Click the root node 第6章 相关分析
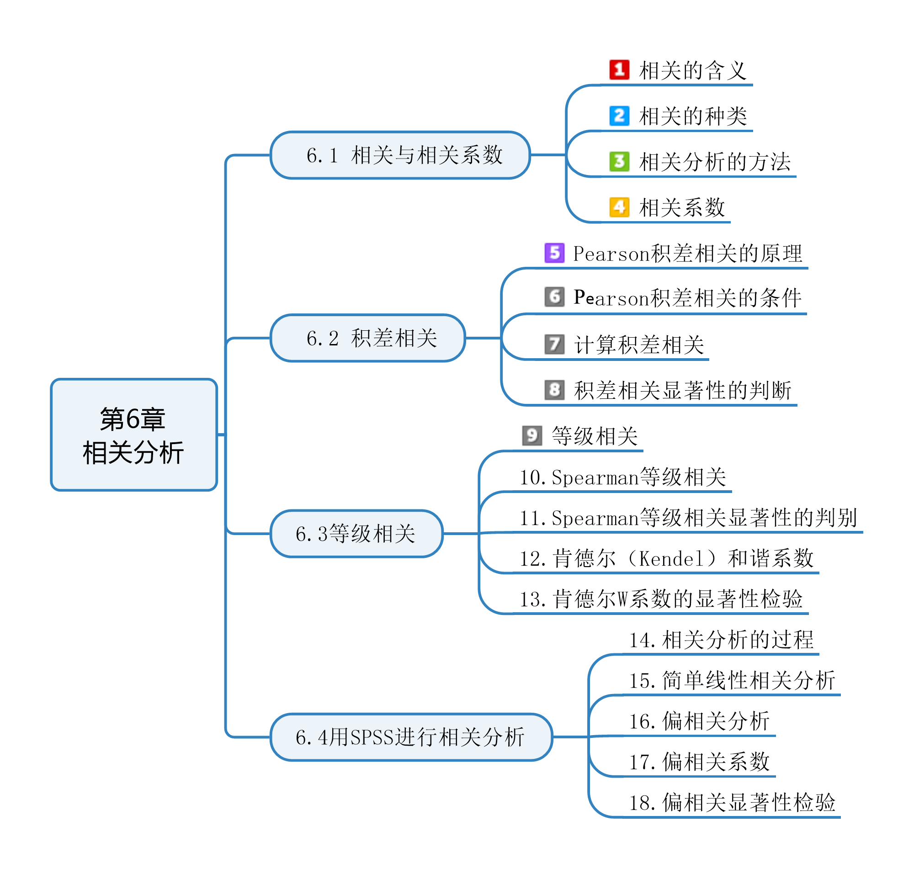coord(133,434)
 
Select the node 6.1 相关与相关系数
coord(400,155)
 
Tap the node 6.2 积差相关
coord(367,338)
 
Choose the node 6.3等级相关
coord(356,534)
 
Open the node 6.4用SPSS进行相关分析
coord(411,737)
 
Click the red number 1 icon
coord(619,70)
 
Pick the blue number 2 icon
coord(619,115)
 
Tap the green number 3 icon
coord(619,161)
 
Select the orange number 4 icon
coord(619,207)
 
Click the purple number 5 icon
coord(554,253)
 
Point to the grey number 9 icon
coord(532,435)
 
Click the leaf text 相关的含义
coord(692,71)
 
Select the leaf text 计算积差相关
coord(639,345)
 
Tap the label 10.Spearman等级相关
coord(622,477)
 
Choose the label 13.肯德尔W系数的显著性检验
coord(661,599)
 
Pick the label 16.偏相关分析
coord(699,721)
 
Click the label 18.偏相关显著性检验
coord(732,803)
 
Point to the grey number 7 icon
coord(554,344)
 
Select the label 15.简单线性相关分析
coord(732,680)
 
